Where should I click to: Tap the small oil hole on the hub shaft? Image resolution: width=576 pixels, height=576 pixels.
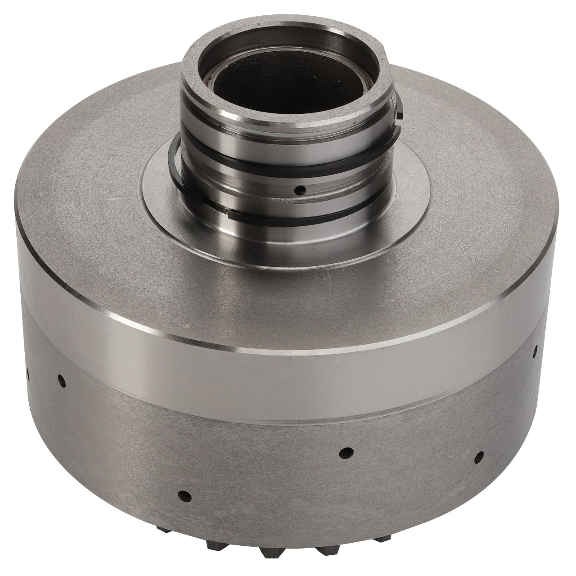[x=297, y=190]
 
